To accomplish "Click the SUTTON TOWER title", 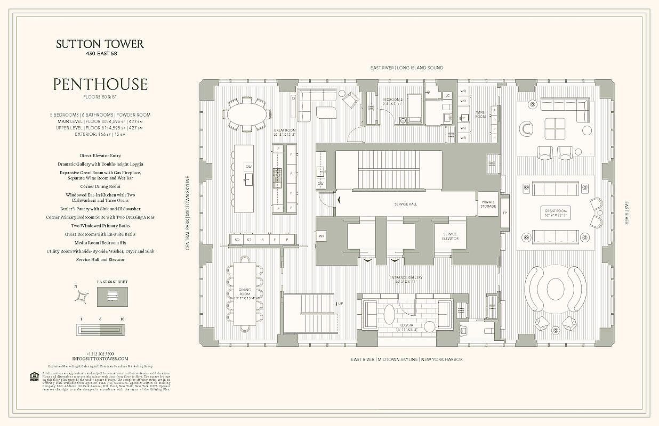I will click(x=100, y=44).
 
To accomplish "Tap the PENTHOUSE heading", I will click(x=100, y=84).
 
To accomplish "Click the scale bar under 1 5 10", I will click(x=100, y=330).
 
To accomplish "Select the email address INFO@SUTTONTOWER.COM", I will click(x=100, y=359).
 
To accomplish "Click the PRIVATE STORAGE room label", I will click(x=488, y=204).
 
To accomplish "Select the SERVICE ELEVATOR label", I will click(x=449, y=236).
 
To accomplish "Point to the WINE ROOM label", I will click(x=481, y=114).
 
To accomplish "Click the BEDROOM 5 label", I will click(x=392, y=101).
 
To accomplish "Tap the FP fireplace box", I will click(x=504, y=213).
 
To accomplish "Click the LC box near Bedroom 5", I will click(x=448, y=96).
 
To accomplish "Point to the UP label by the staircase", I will click(x=341, y=304).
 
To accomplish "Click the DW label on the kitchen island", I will click(x=248, y=167).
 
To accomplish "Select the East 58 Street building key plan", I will click(x=112, y=296).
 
